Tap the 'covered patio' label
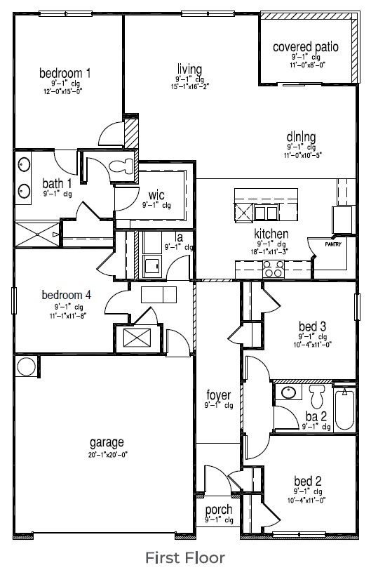306,48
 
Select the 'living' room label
189,69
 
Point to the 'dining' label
301,137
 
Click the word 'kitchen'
272,234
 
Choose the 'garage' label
107,442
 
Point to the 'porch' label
219,510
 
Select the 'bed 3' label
308,326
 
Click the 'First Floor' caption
185,557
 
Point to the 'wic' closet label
156,195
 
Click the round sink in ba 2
288,392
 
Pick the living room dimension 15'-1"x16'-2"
189,87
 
